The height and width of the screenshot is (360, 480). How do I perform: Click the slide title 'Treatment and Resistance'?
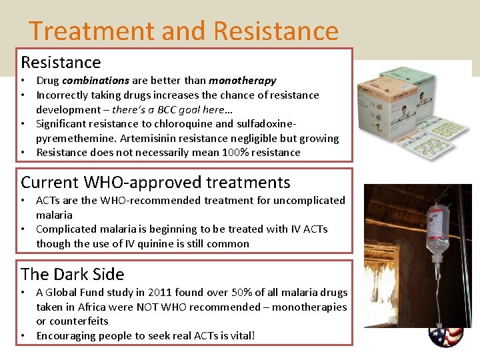[x=183, y=31]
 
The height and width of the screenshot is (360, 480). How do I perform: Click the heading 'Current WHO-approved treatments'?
[x=155, y=182]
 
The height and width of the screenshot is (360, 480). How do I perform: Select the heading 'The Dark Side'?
[x=72, y=274]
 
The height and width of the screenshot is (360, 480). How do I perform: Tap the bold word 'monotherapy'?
[x=242, y=81]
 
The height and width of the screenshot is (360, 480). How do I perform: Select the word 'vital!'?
[x=241, y=335]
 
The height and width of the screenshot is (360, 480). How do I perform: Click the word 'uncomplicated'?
[x=313, y=200]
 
